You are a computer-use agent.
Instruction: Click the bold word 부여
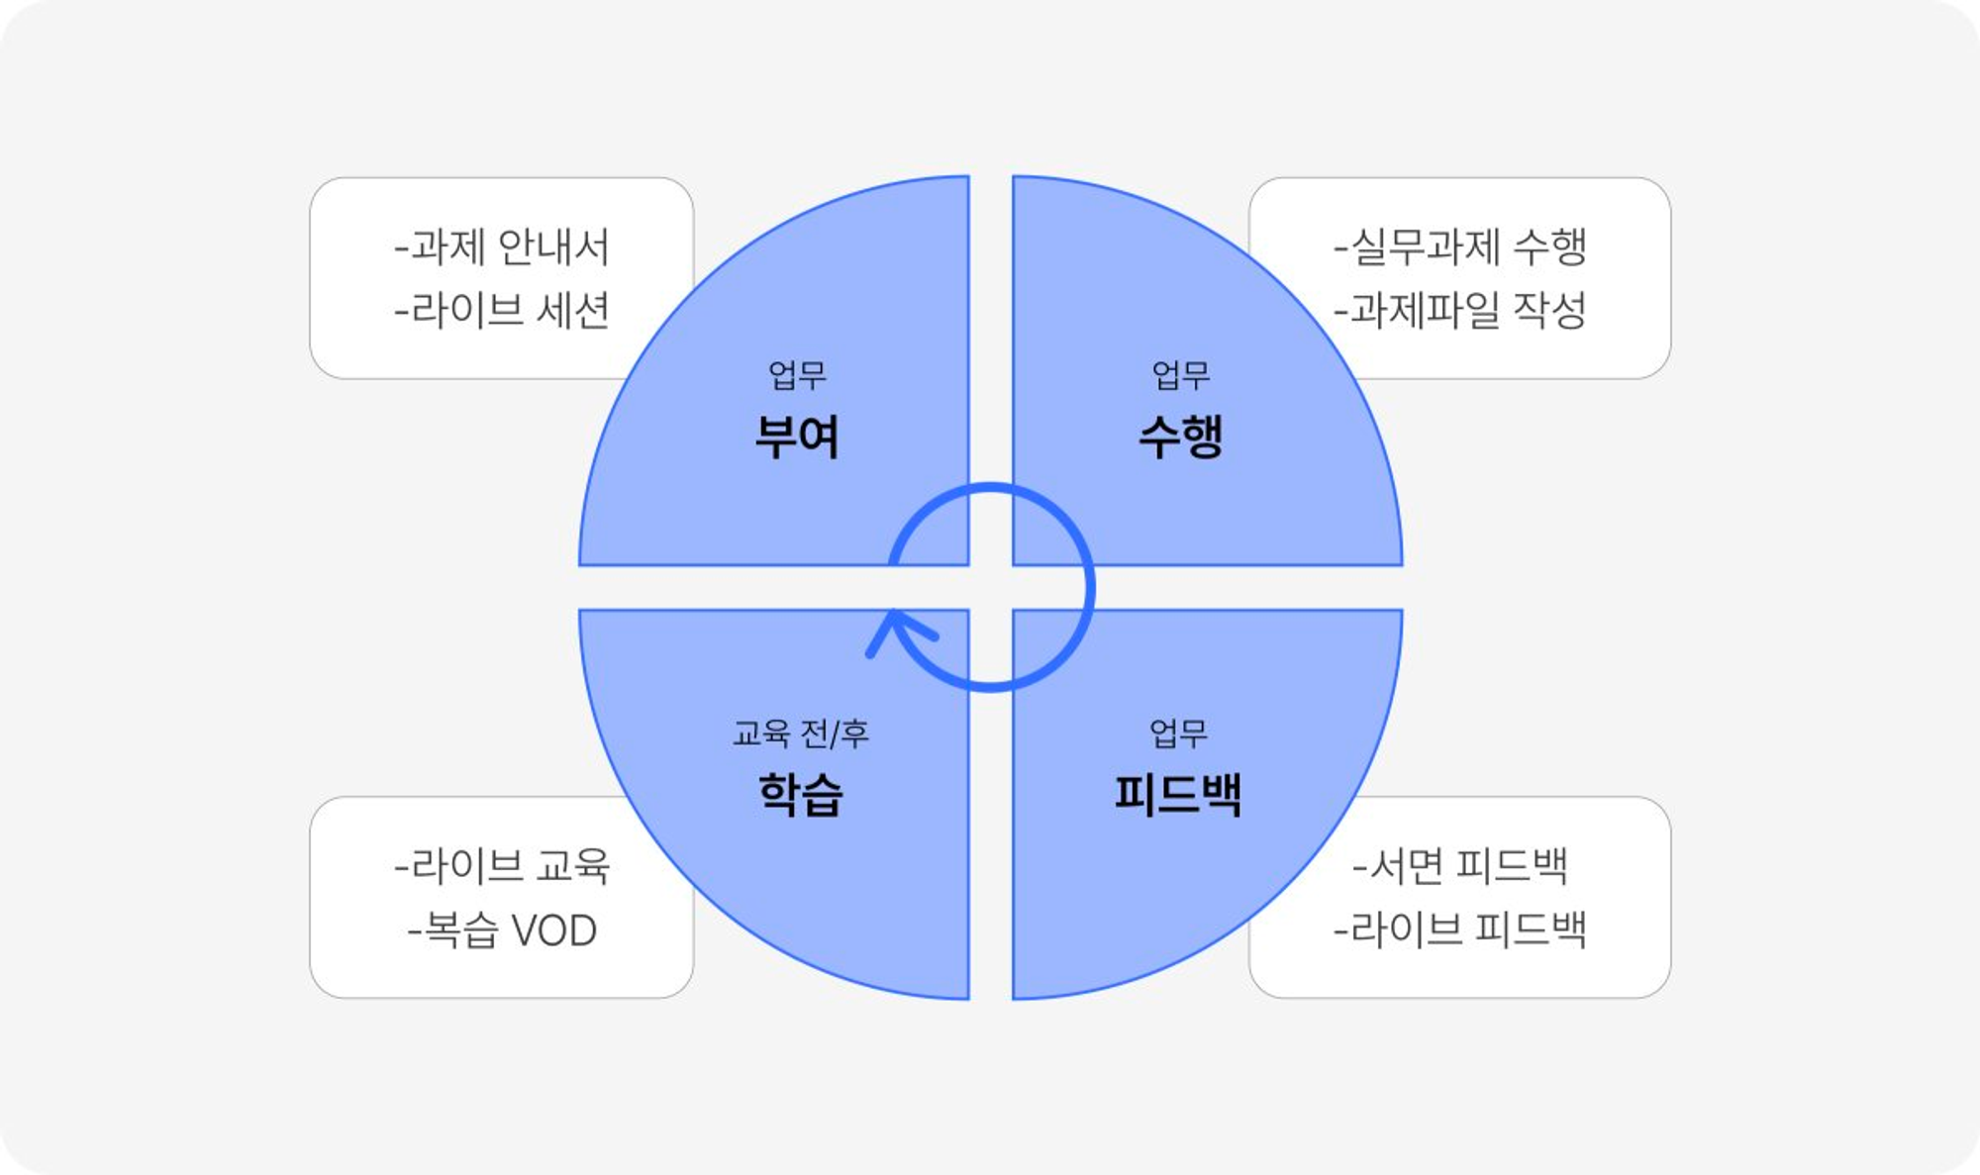[797, 437]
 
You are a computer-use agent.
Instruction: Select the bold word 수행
[1181, 437]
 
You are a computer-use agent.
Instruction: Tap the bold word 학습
[800, 795]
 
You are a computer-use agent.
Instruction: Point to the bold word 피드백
[1178, 795]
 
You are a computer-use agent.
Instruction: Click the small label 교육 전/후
[800, 734]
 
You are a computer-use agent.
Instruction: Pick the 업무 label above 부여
[797, 375]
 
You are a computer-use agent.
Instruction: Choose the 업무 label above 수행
[1181, 375]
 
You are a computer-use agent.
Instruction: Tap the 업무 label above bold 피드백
[1178, 734]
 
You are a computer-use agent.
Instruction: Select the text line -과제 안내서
[502, 247]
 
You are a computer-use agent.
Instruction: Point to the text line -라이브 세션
[502, 311]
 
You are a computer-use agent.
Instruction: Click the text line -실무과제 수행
[1460, 247]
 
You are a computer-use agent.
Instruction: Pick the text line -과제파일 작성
[1460, 311]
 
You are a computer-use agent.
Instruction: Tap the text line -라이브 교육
[502, 866]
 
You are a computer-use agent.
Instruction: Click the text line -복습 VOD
[502, 930]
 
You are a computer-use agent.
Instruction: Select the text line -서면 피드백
[1460, 866]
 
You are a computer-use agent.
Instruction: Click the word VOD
[554, 931]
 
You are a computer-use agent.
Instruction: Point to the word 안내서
[553, 247]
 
